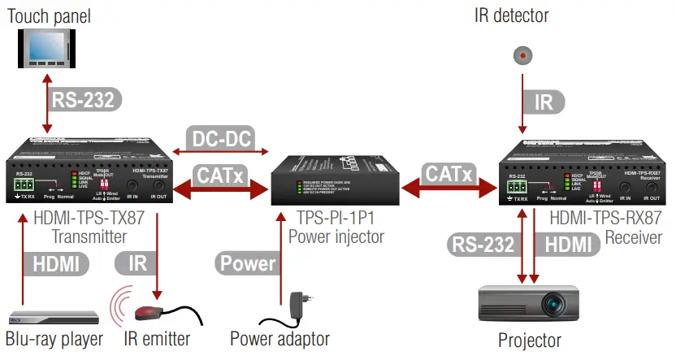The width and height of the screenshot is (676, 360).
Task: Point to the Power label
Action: pyautogui.click(x=248, y=262)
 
